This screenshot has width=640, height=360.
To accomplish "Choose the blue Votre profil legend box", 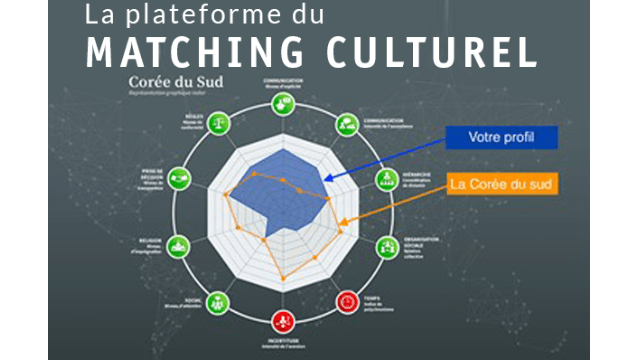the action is [498, 137].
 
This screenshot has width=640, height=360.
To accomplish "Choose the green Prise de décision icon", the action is [179, 179].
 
